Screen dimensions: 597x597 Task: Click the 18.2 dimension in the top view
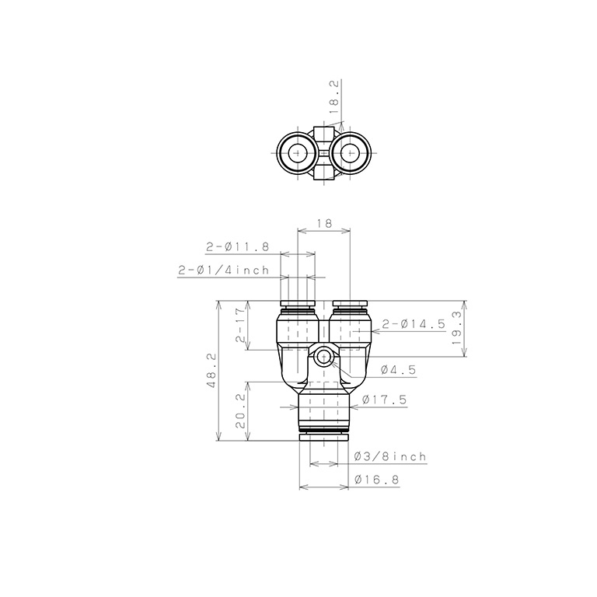tap(334, 103)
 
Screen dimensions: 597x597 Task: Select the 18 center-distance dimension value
tap(324, 223)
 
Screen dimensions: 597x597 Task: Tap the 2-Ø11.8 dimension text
tap(238, 247)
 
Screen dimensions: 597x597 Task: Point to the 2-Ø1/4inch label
tap(224, 271)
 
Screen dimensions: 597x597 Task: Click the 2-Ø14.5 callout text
tap(414, 324)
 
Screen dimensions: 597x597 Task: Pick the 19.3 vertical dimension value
tap(457, 328)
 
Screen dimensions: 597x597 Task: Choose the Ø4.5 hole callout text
tap(398, 370)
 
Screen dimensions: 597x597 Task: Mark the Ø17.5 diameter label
tap(385, 400)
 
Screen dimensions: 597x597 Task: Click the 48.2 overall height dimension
tap(211, 371)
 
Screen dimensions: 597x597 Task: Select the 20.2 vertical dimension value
tap(241, 410)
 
